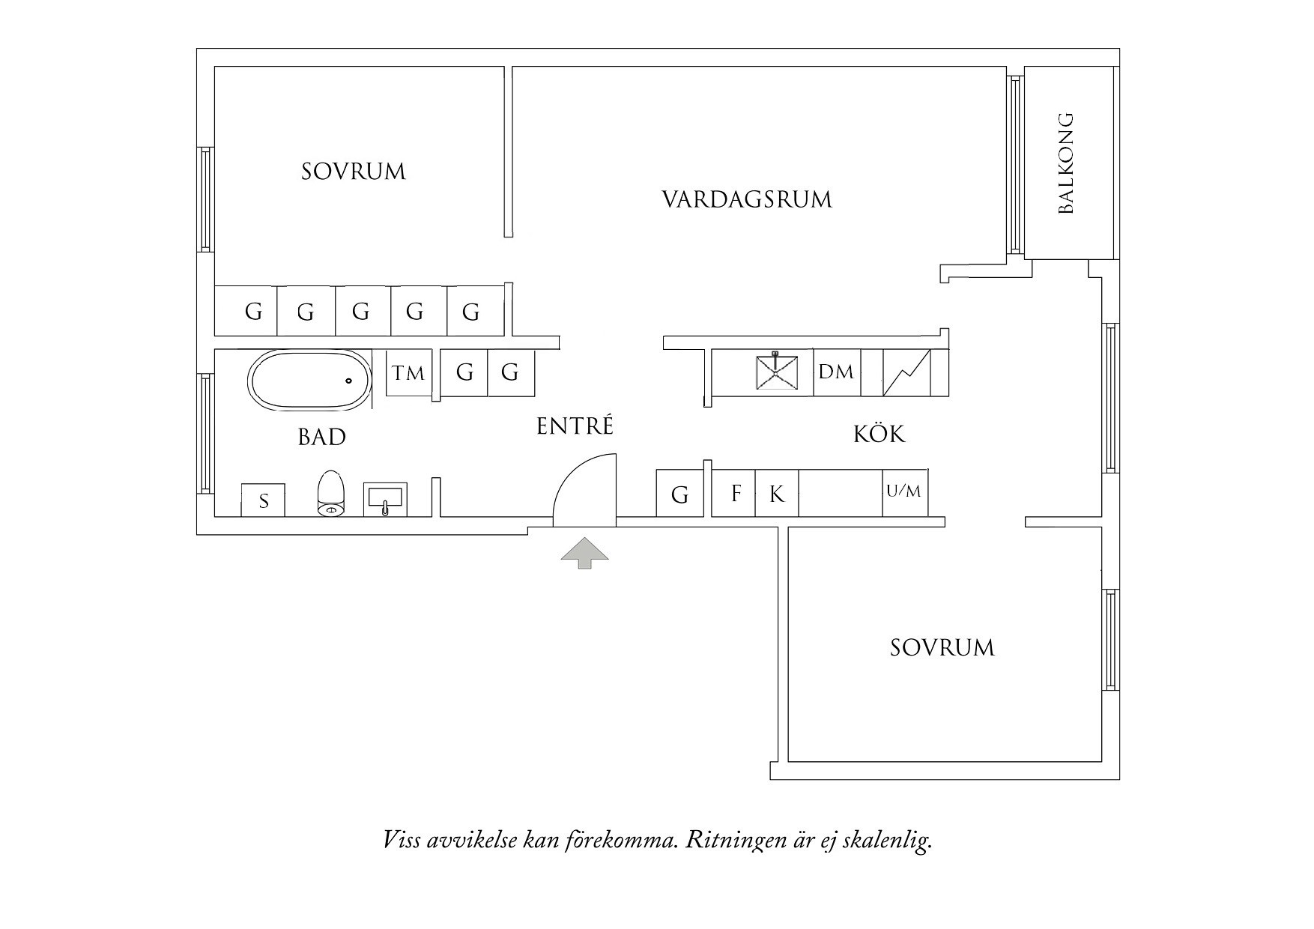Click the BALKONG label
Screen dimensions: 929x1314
point(1066,163)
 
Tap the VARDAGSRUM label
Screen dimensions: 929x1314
point(747,200)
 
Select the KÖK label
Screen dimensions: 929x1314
point(879,434)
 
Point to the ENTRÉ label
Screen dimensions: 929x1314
point(575,426)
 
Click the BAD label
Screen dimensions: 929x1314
point(322,437)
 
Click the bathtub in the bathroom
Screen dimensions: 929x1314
point(309,380)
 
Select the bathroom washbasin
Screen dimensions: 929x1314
point(384,498)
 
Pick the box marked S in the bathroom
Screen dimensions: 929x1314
point(263,500)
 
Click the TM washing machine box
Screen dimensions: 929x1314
point(408,372)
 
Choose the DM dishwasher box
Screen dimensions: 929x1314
point(836,372)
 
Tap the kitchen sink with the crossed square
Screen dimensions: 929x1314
point(776,372)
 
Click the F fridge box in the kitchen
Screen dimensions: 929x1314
point(735,493)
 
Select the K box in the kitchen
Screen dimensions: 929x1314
point(777,494)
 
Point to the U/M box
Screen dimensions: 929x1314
point(904,492)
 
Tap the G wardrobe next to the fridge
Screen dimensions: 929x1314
point(679,494)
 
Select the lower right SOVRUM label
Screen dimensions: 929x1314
point(942,647)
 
